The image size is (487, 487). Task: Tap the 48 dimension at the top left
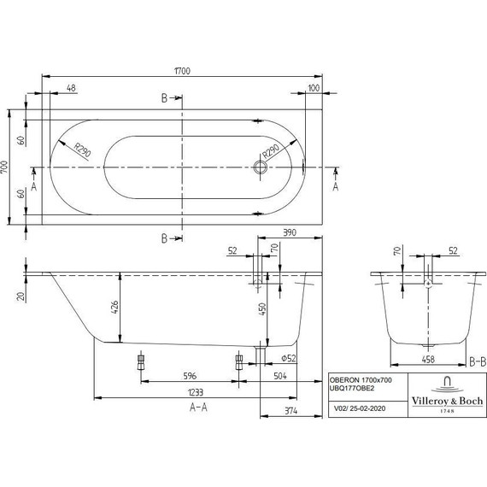click(x=70, y=88)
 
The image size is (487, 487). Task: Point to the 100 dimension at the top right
click(x=314, y=88)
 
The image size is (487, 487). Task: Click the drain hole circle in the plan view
click(x=260, y=167)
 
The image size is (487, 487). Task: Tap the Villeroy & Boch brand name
click(x=444, y=399)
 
